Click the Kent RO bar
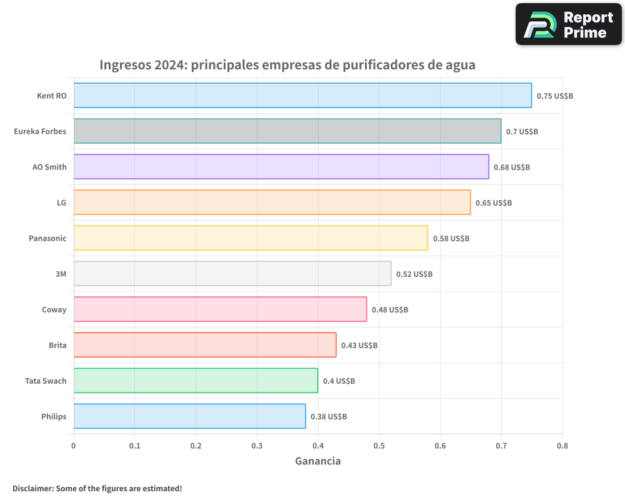[x=302, y=96]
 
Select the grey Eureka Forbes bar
[x=287, y=131]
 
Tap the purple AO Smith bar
[x=281, y=167]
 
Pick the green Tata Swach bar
[x=196, y=381]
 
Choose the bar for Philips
[x=189, y=416]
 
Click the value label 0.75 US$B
[x=555, y=96]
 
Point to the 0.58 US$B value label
[x=451, y=239]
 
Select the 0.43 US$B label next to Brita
[x=359, y=346]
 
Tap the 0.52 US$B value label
[x=414, y=274]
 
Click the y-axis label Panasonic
[x=47, y=238]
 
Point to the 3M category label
[x=61, y=274]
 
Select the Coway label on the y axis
[x=54, y=309]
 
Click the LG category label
[x=61, y=202]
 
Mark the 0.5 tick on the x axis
[x=379, y=446]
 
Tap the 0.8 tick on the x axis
[x=562, y=446]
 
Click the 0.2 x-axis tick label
[x=196, y=446]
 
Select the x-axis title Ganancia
[x=317, y=461]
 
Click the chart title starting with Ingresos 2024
[x=287, y=65]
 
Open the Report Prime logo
[x=569, y=24]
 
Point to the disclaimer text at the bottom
[x=97, y=488]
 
